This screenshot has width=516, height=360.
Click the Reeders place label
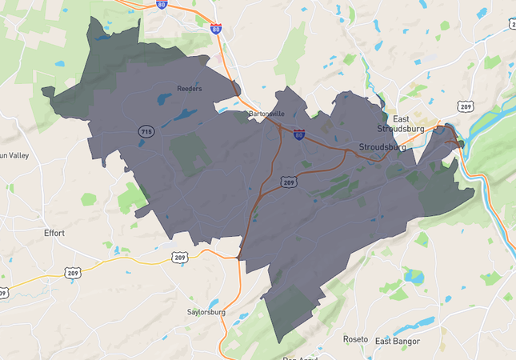coord(190,89)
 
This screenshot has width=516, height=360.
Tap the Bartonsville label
coord(266,114)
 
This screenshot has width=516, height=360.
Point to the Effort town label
coord(54,233)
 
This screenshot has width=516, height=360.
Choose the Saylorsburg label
coord(207,312)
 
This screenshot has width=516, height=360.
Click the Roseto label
coord(355,338)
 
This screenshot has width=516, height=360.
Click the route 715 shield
coord(146,131)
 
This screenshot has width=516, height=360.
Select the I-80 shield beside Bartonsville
coord(299,134)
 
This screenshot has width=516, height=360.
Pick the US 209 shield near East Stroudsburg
coord(466,106)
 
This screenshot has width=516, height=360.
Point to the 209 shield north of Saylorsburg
coord(179,257)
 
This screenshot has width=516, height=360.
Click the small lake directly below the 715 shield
coord(148,146)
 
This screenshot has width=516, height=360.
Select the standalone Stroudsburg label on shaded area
coord(383,147)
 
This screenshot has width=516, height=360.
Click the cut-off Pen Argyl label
coord(300,357)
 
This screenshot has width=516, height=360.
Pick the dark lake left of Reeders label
coord(164,99)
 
